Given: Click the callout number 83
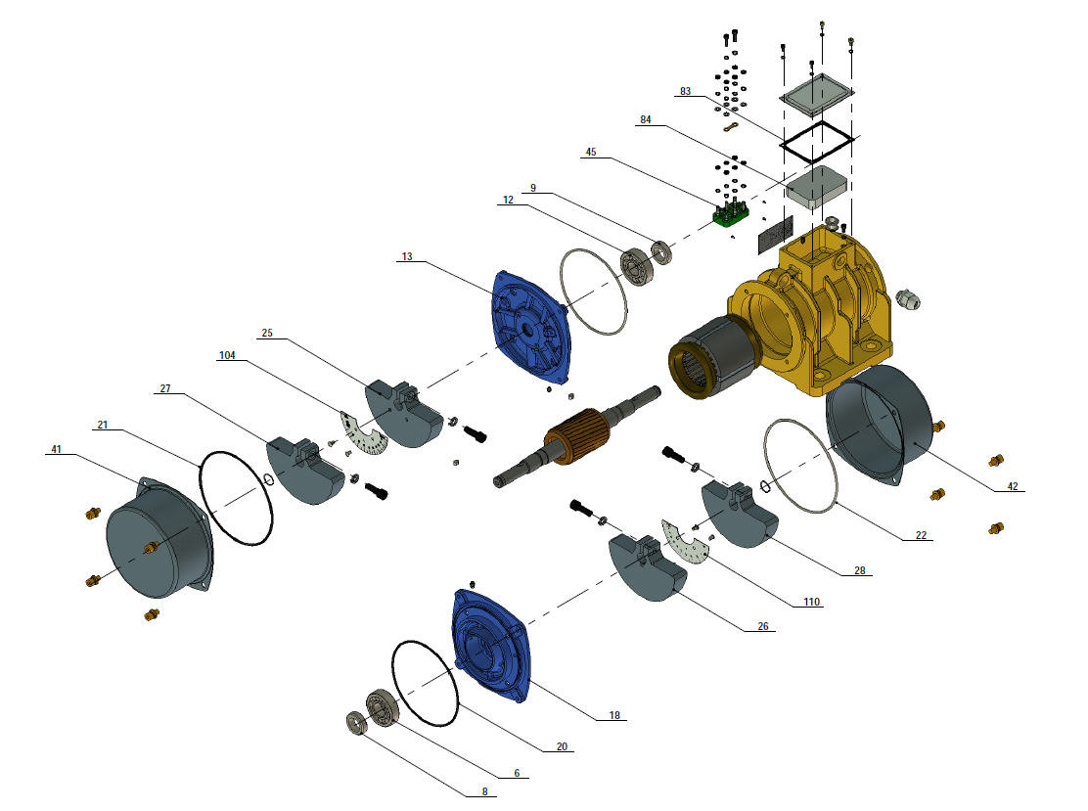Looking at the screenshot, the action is (x=685, y=92).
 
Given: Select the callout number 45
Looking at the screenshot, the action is (x=591, y=152).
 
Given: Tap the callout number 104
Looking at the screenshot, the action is (x=227, y=355).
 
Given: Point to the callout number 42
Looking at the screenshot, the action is (x=1013, y=486).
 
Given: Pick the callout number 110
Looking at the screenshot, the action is (x=811, y=602).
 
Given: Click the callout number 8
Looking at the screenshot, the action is (x=484, y=791).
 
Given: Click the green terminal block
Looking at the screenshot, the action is (x=731, y=214).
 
